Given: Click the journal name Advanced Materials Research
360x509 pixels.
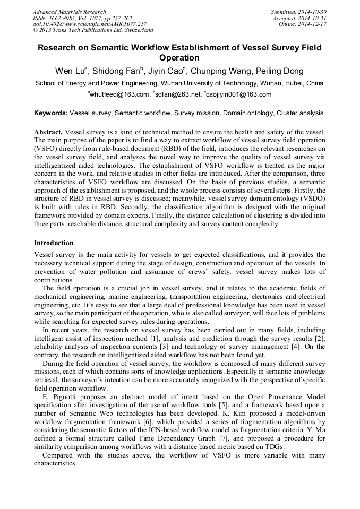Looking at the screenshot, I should [69, 12].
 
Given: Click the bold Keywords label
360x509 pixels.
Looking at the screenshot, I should [51, 113].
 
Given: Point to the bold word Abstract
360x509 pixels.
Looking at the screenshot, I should [48, 131].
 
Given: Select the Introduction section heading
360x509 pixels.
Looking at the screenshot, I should [54, 243].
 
